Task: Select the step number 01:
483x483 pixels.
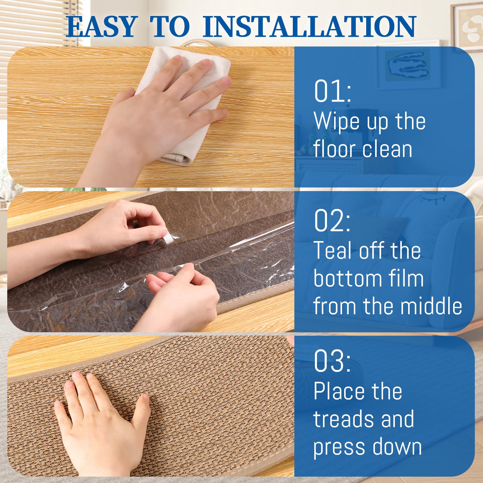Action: pos(332,91)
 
